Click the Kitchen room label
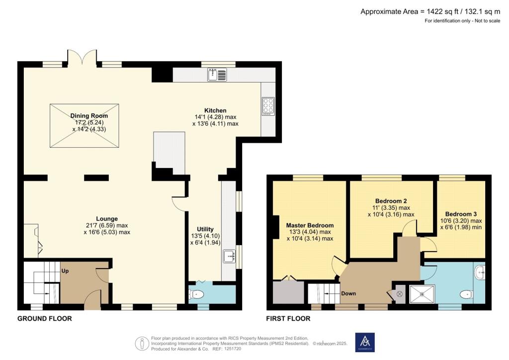(x=215, y=110)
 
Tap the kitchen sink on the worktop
(x=217, y=75)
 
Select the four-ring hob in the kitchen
(x=268, y=106)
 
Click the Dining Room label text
(x=89, y=115)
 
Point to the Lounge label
(x=107, y=219)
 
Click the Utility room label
(x=205, y=229)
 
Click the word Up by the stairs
(x=65, y=271)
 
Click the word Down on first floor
(x=348, y=293)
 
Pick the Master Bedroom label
(x=310, y=225)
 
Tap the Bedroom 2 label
(x=391, y=201)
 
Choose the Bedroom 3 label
(x=461, y=214)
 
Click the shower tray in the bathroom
(x=422, y=294)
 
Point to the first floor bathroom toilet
(x=466, y=294)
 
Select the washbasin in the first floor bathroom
(x=480, y=272)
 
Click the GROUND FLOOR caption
(x=44, y=318)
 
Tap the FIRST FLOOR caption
(x=288, y=318)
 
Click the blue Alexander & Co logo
(x=365, y=342)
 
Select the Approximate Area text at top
(x=430, y=12)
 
